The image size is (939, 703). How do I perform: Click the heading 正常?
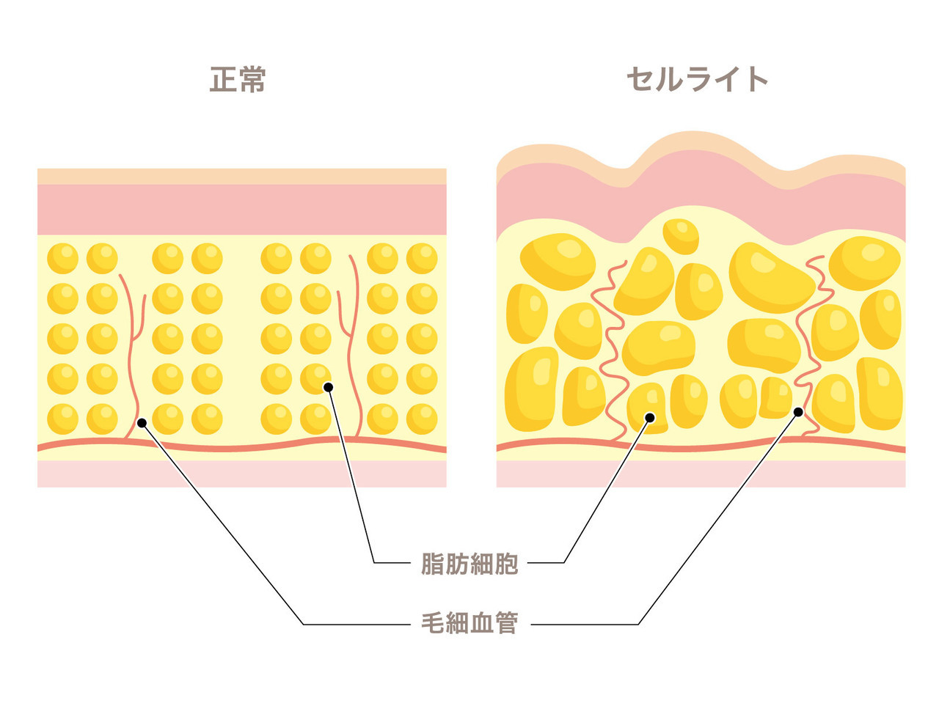[x=238, y=79]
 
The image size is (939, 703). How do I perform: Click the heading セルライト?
[x=697, y=79]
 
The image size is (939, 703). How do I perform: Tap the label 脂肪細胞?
[x=469, y=564]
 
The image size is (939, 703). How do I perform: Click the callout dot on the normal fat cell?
[x=328, y=387]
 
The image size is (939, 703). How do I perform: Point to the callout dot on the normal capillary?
[x=142, y=423]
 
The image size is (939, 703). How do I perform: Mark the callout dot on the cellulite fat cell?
[x=650, y=418]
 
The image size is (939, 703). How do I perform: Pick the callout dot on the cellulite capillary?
[x=798, y=412]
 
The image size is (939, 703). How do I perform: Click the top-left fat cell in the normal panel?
[x=62, y=259]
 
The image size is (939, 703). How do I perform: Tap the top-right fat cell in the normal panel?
[x=422, y=259]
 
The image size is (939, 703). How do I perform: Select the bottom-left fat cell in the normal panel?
[x=62, y=419]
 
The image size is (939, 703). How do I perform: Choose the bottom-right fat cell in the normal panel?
[x=422, y=419]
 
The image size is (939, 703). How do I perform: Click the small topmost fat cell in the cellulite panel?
[x=681, y=236]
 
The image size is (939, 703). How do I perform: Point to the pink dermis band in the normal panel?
[x=241, y=210]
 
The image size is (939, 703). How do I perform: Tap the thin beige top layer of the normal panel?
[x=241, y=176]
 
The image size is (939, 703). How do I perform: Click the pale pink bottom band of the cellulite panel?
[x=701, y=474]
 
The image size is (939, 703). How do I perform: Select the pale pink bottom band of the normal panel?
[x=241, y=474]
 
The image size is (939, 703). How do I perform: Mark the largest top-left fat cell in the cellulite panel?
[x=558, y=262]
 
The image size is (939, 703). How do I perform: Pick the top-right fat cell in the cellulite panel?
[x=865, y=263]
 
